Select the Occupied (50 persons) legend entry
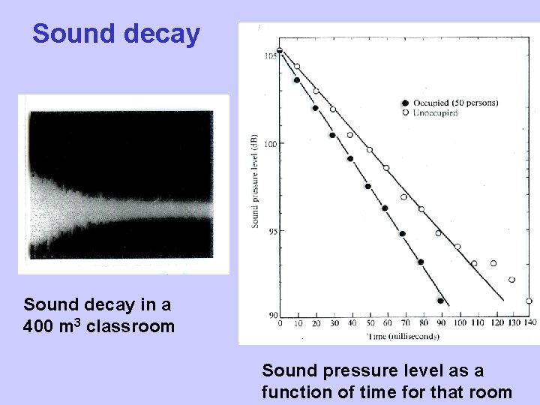[x=450, y=103]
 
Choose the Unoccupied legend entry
[x=434, y=112]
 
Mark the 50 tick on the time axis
[x=369, y=323]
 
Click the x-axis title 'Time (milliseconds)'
[x=403, y=336]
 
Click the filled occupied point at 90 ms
[x=440, y=301]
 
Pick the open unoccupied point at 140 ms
[x=529, y=301]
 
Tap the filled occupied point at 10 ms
[x=297, y=80]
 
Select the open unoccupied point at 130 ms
[x=511, y=280]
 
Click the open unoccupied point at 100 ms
[x=457, y=247]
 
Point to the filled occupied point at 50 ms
[x=367, y=186]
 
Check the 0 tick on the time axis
[x=280, y=323]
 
